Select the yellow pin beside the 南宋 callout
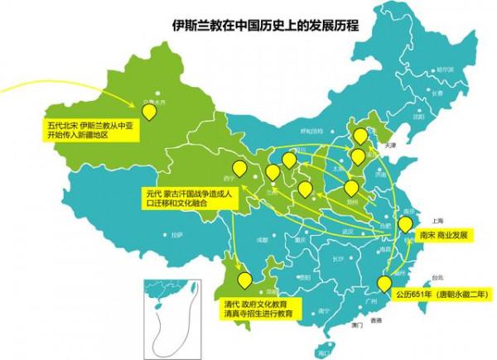pos(405,223)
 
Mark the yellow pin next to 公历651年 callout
pos(384,283)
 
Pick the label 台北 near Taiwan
pos(427,279)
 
